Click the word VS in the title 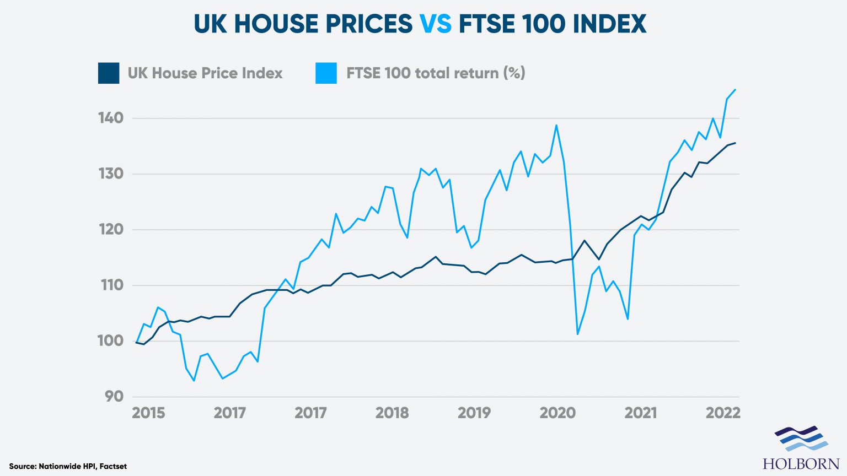tap(435, 24)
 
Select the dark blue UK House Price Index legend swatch tap(109, 73)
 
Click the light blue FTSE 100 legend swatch tap(326, 73)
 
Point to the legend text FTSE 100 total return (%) tap(436, 73)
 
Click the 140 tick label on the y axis tap(111, 118)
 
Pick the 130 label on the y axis tap(111, 174)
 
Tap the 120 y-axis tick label tap(111, 229)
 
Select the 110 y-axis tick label tap(111, 285)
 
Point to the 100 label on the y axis tap(111, 340)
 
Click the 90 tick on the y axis tap(114, 396)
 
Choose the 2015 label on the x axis tap(148, 413)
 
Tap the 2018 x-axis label tap(392, 413)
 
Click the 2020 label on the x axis tap(557, 413)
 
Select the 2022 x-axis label tap(723, 413)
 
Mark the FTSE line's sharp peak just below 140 tap(556, 125)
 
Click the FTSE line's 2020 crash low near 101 tap(577, 334)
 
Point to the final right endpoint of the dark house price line tap(735, 143)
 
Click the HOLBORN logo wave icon tap(801, 439)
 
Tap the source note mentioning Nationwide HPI tap(68, 467)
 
